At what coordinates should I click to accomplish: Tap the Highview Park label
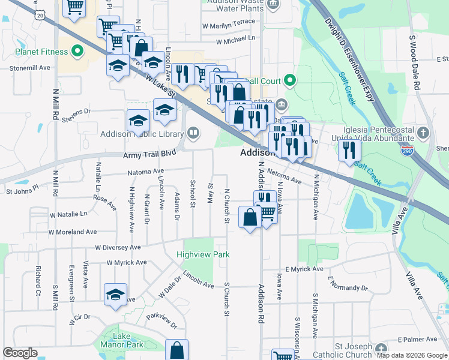click(x=203, y=254)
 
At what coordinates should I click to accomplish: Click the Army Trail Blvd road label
click(x=149, y=154)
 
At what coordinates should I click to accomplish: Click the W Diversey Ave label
click(x=118, y=247)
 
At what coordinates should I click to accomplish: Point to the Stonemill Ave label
click(x=29, y=68)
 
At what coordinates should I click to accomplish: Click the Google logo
click(x=20, y=353)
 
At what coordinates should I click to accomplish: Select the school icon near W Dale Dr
click(x=115, y=295)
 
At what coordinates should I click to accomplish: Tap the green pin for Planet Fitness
click(x=77, y=52)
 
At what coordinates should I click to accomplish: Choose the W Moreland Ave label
click(x=73, y=232)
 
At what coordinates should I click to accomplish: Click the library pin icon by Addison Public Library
click(x=193, y=131)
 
